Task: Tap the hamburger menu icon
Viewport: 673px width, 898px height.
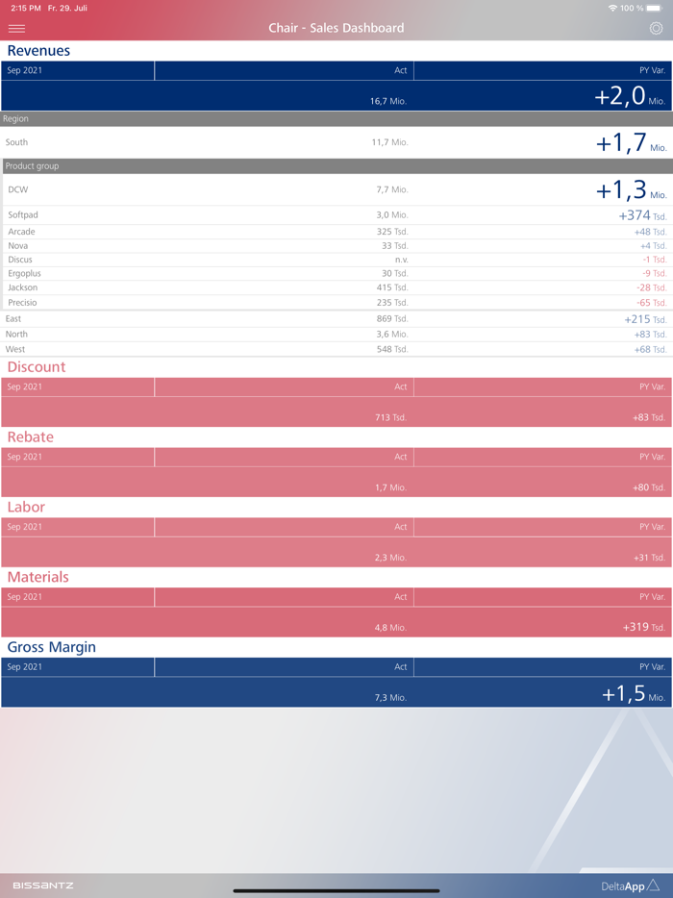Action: [x=16, y=28]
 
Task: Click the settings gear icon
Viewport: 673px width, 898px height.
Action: [x=656, y=28]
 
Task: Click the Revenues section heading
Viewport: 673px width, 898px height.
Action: [x=38, y=51]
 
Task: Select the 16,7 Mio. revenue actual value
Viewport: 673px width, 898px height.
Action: [x=388, y=101]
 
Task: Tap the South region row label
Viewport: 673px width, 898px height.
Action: [x=16, y=142]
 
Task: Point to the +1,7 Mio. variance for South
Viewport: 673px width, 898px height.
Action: [x=631, y=143]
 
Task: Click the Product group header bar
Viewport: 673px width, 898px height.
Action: [x=336, y=166]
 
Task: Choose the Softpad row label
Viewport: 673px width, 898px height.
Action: [x=23, y=215]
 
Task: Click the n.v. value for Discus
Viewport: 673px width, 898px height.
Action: [x=401, y=260]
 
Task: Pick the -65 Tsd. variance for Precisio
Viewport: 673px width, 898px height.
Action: [x=650, y=303]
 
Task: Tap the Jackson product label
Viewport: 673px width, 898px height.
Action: [x=23, y=287]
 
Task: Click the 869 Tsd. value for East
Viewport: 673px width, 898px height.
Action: [x=391, y=319]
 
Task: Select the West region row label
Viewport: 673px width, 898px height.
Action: [x=15, y=349]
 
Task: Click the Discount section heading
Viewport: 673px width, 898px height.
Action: [x=37, y=367]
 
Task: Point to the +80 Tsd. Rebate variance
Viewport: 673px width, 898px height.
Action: [x=648, y=487]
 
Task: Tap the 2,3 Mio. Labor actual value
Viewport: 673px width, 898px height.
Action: [x=390, y=558]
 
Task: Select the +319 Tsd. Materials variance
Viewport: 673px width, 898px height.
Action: [x=643, y=627]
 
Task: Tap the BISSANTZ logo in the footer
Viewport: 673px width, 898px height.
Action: [x=43, y=885]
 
